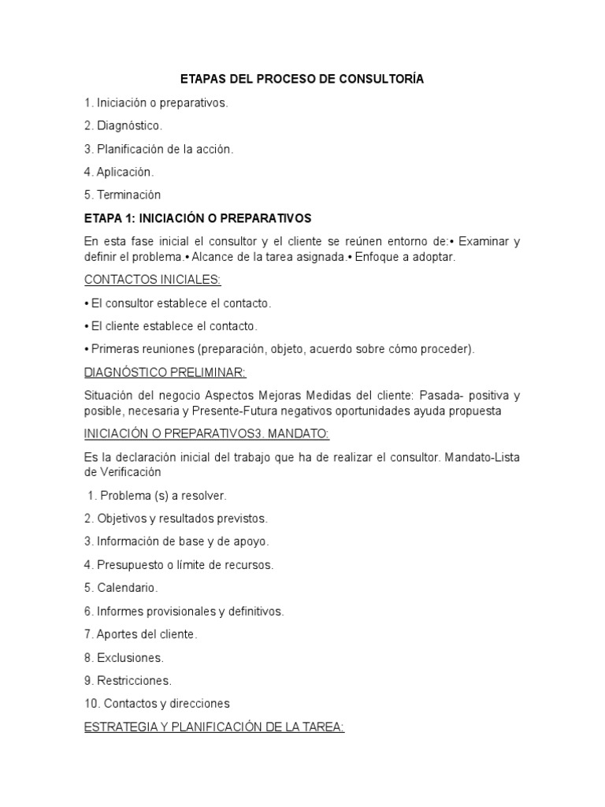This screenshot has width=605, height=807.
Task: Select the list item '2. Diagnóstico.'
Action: [123, 125]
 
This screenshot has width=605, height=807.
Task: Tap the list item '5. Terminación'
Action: [122, 195]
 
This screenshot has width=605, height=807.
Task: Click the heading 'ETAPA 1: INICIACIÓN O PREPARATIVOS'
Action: [198, 218]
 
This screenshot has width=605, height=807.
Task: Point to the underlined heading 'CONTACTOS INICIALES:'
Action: [153, 280]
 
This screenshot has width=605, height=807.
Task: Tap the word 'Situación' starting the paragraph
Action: [109, 395]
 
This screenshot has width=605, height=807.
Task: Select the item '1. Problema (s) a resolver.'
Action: [158, 496]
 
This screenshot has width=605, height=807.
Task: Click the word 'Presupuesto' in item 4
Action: [130, 565]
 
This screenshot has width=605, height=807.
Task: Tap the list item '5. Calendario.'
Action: [121, 588]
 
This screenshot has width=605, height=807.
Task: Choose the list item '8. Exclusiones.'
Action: [124, 657]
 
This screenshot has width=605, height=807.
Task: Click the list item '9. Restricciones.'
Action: [128, 680]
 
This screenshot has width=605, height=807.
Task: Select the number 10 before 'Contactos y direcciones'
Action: [90, 703]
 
